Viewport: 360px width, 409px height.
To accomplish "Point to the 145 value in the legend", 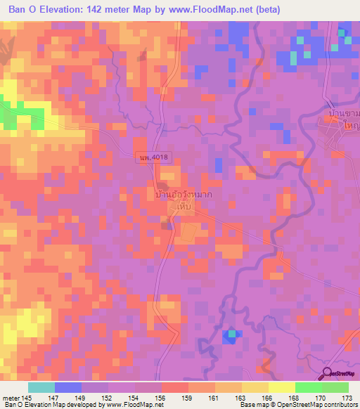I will (27, 397).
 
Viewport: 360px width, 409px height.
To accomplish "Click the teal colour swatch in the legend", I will (41, 387).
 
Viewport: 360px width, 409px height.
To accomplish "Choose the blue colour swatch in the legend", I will (67, 387).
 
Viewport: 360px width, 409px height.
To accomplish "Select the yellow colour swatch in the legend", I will (281, 387).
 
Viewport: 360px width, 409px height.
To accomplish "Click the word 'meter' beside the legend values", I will (10, 397).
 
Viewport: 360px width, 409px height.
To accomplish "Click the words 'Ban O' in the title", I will (25, 10).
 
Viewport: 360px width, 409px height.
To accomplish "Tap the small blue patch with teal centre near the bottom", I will (230, 335).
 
